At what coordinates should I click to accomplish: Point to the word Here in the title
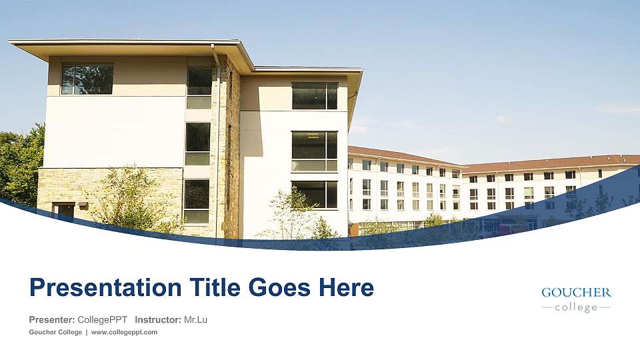click(x=345, y=288)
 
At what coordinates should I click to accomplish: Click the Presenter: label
click(x=51, y=320)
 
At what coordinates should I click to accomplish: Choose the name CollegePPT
click(x=102, y=320)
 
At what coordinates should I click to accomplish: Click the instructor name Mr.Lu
click(x=195, y=320)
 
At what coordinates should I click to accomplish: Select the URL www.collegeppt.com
click(x=124, y=332)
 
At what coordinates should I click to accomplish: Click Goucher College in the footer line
click(x=55, y=332)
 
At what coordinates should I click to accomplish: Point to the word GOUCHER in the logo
click(x=576, y=293)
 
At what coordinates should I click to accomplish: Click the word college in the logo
click(x=576, y=307)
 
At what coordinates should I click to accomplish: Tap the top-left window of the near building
click(x=87, y=79)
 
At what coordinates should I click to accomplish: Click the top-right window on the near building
click(x=315, y=96)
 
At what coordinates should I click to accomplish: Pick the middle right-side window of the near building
click(x=314, y=151)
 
